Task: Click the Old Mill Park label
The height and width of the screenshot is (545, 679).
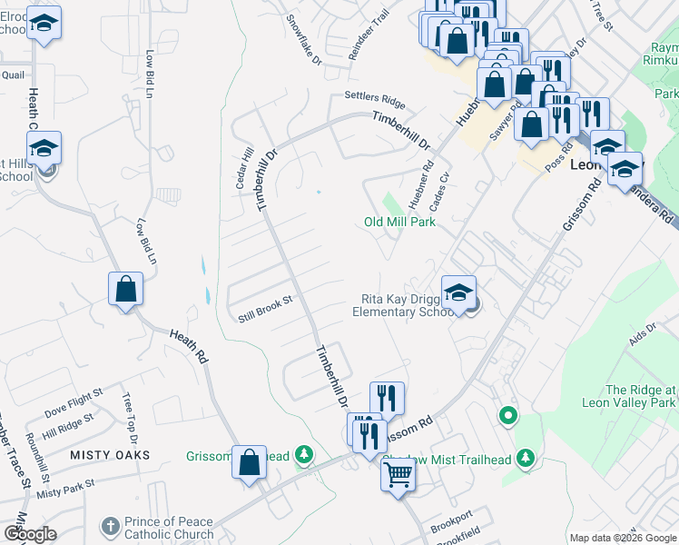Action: [x=400, y=222]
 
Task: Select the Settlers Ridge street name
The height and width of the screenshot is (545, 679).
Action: [x=374, y=98]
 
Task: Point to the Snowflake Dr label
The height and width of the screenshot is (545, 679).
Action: [x=304, y=32]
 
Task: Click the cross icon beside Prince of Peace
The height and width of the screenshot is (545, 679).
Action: [x=110, y=526]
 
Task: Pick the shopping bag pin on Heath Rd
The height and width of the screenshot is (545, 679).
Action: [x=125, y=291]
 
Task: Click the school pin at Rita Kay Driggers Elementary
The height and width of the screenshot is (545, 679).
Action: [x=459, y=292]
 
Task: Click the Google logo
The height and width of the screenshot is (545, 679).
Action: [x=30, y=534]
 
